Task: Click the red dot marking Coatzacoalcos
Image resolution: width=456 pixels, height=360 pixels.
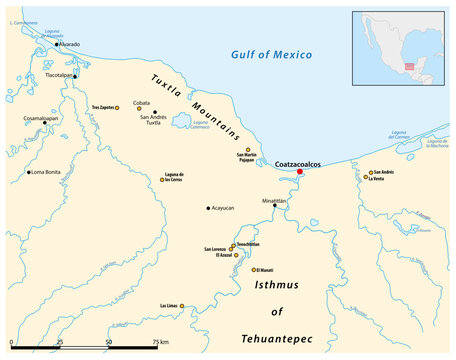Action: point(299,172)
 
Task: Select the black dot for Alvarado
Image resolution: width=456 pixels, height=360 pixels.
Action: point(57,45)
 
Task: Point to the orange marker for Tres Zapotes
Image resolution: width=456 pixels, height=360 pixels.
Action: point(117,106)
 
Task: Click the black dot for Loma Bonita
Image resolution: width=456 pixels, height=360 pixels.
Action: point(29,172)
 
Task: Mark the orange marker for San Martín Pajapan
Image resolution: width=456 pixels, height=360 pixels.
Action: point(248,149)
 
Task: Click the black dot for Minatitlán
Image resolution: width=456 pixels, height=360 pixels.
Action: point(275,205)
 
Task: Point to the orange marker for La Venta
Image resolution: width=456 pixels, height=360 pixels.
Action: point(366,179)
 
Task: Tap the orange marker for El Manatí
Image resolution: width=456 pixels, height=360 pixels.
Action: point(254,270)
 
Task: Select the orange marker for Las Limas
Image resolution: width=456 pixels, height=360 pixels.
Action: point(182,306)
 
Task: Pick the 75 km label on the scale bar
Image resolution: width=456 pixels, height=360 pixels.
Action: point(159,342)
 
